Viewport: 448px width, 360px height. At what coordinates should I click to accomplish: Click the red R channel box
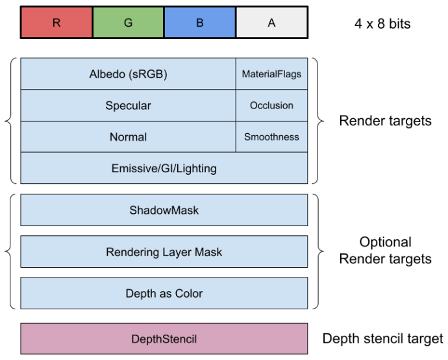[56, 23]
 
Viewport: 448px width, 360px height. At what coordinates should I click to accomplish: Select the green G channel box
[128, 23]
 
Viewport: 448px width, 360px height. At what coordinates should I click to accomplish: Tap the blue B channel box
[199, 23]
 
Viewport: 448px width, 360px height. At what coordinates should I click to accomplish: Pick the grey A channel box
[271, 23]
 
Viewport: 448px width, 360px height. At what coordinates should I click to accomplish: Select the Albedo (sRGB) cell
[128, 74]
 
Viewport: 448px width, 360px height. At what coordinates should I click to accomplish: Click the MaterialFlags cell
[271, 74]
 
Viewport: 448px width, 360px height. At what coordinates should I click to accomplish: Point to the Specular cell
[128, 105]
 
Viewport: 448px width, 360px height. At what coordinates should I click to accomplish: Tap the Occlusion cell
[271, 105]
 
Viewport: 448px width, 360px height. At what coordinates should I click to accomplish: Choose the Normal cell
[128, 136]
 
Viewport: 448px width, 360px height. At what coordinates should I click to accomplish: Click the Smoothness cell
[271, 136]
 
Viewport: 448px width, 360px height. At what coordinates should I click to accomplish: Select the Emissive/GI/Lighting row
[164, 168]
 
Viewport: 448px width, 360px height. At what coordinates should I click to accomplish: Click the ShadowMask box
[164, 210]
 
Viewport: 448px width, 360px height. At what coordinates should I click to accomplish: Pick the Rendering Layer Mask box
[164, 251]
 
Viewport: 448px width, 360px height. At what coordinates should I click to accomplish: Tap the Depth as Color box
[164, 293]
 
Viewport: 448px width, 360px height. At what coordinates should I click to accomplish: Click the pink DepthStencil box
[164, 339]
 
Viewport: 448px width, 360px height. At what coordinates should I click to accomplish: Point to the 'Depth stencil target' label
[382, 339]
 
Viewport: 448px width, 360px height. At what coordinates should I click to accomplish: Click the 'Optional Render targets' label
[385, 251]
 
